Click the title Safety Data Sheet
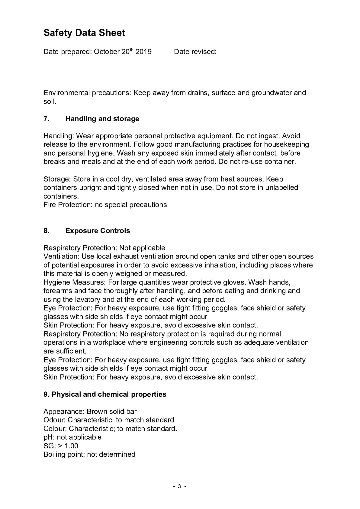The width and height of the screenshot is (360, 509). (x=84, y=33)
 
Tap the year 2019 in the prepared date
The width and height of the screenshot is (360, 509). (x=143, y=52)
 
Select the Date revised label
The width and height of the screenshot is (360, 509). (x=195, y=52)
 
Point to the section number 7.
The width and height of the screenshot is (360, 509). (x=46, y=119)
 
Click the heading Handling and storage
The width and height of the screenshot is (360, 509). (x=102, y=119)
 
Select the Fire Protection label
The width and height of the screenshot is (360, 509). (x=68, y=205)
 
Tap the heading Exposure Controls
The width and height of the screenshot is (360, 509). (x=97, y=231)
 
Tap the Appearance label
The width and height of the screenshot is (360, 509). (x=64, y=411)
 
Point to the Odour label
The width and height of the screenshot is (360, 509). (x=54, y=420)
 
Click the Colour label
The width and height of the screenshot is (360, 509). (x=55, y=428)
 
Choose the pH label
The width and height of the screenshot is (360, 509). (x=49, y=437)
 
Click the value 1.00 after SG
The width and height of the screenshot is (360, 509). (x=71, y=446)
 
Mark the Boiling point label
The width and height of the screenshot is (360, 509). (x=64, y=454)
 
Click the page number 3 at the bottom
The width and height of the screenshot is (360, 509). (x=179, y=486)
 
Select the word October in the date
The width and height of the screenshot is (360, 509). (x=106, y=52)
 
